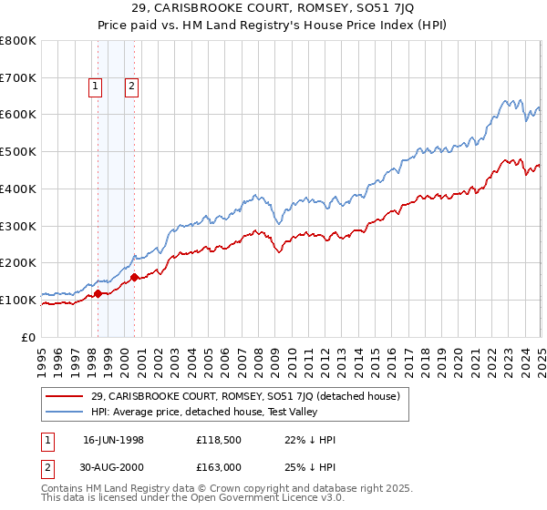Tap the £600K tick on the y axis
[x=18, y=115]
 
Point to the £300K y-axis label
[x=18, y=226]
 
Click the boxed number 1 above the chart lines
[x=96, y=87]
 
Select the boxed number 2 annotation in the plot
[x=131, y=87]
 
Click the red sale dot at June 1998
[x=98, y=293]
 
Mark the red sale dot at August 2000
[x=135, y=277]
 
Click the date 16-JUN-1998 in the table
[x=119, y=440]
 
